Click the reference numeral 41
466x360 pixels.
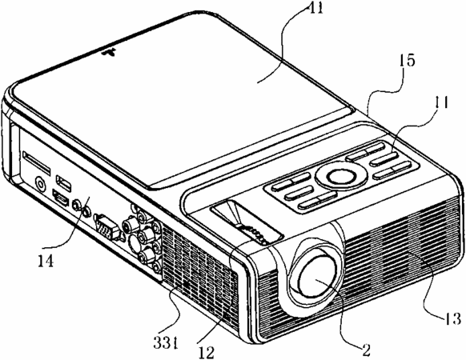[315, 8]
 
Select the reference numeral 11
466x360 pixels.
[440, 103]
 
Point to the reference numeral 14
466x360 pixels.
[46, 261]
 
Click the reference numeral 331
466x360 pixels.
[165, 342]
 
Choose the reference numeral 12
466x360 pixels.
[207, 352]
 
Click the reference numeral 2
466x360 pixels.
[366, 350]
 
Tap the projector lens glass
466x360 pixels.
[317, 275]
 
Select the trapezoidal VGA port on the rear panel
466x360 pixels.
[107, 226]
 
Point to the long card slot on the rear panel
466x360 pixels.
[37, 162]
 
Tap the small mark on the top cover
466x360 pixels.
[109, 53]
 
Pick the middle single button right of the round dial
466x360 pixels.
[384, 159]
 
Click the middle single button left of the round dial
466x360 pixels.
[299, 193]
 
